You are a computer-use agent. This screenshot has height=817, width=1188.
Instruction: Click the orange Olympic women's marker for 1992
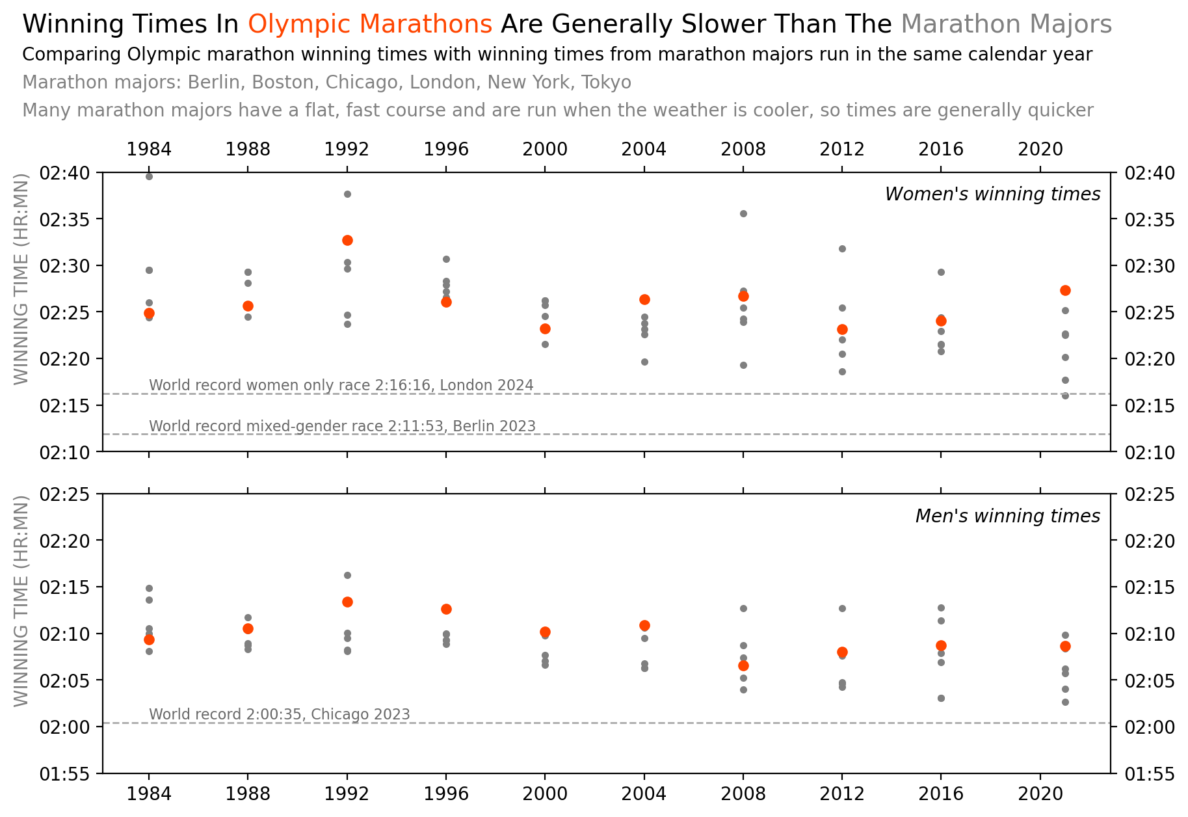click(347, 240)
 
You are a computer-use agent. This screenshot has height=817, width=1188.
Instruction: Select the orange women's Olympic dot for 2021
click(1065, 290)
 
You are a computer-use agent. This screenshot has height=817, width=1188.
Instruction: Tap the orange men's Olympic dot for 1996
click(446, 609)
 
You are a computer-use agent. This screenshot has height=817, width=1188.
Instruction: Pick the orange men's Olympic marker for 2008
click(743, 665)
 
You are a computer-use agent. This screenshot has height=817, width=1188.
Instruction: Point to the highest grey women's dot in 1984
click(149, 176)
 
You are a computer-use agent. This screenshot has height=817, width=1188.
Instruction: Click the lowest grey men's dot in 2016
click(941, 698)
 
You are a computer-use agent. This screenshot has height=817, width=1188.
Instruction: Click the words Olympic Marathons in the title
click(370, 25)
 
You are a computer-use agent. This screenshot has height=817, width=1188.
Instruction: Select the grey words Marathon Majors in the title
click(1006, 25)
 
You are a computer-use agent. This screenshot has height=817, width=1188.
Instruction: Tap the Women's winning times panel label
click(992, 194)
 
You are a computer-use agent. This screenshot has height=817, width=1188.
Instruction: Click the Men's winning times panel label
click(1007, 516)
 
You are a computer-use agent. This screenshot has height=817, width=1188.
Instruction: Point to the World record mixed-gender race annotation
click(342, 426)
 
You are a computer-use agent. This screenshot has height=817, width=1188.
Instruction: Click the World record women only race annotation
click(341, 385)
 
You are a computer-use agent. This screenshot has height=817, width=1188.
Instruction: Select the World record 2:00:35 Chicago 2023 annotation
click(280, 714)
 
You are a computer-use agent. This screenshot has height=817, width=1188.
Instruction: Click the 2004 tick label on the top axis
click(644, 150)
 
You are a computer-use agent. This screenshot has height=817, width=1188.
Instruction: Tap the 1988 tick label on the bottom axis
click(248, 794)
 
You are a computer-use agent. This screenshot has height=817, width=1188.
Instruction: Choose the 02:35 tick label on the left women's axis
click(62, 220)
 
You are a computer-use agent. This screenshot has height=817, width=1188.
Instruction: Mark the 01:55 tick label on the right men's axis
click(1149, 774)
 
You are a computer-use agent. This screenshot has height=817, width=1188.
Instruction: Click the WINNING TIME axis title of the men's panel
click(21, 601)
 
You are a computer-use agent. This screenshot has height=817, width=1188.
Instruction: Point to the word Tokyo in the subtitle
click(606, 83)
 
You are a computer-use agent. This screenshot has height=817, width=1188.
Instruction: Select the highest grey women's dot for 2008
click(743, 213)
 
